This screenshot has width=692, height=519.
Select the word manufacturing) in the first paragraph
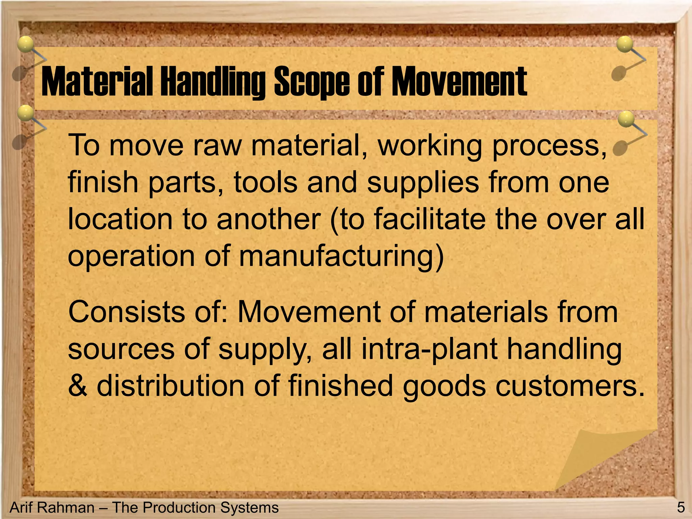[341, 256]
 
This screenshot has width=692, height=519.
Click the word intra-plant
[429, 349]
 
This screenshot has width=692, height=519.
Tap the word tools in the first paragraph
[266, 182]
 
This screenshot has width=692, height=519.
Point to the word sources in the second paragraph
[121, 349]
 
